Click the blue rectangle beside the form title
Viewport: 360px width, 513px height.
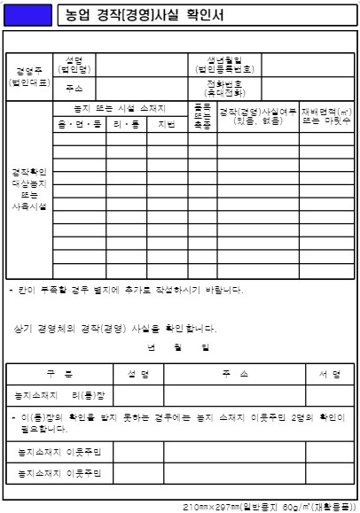pyautogui.click(x=27, y=15)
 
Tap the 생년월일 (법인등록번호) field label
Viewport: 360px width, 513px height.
pyautogui.click(x=226, y=65)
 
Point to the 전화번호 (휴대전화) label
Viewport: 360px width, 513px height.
pyautogui.click(x=226, y=88)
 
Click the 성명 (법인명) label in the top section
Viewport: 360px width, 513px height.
pyautogui.click(x=76, y=65)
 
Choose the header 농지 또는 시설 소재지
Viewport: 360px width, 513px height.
pyautogui.click(x=120, y=108)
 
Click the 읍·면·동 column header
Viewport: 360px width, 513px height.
pyautogui.click(x=80, y=125)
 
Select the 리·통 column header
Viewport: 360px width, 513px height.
pyautogui.click(x=126, y=125)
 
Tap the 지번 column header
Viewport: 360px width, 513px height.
pyautogui.click(x=167, y=125)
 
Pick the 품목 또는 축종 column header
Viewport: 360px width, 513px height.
pyautogui.click(x=201, y=116)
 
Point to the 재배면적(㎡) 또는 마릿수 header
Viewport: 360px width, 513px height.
pyautogui.click(x=326, y=116)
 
